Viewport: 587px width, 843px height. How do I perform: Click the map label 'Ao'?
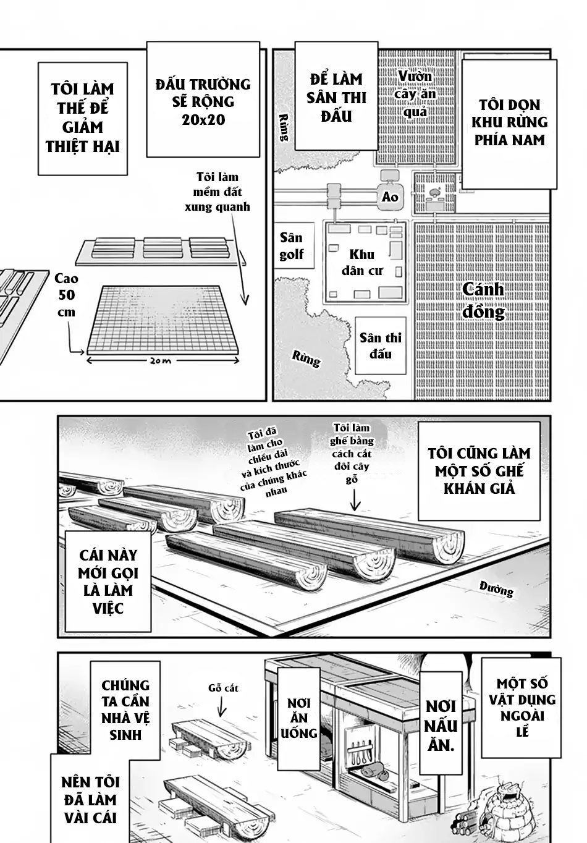pyautogui.click(x=390, y=197)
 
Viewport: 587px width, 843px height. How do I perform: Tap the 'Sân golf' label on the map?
pyautogui.click(x=291, y=246)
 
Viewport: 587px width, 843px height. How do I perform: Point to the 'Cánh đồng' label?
pyautogui.click(x=483, y=300)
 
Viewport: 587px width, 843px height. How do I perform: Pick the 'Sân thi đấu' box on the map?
pyautogui.click(x=381, y=345)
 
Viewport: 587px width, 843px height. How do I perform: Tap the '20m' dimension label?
pyautogui.click(x=163, y=361)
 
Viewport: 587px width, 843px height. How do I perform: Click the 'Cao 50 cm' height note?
pyautogui.click(x=65, y=295)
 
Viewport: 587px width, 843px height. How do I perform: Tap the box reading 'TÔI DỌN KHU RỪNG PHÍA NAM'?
pyautogui.click(x=510, y=122)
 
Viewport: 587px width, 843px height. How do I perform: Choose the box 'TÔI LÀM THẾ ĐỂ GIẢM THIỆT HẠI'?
pyautogui.click(x=82, y=118)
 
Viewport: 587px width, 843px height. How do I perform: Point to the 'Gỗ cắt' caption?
pyautogui.click(x=223, y=687)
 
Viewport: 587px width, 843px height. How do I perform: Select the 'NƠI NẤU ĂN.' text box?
pyautogui.click(x=440, y=726)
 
